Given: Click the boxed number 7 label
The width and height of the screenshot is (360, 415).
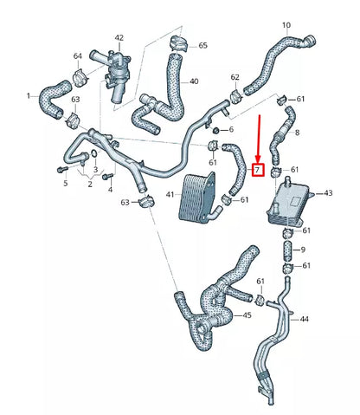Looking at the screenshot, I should [x=257, y=170].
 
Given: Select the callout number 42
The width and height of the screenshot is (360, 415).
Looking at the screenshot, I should [x=119, y=38].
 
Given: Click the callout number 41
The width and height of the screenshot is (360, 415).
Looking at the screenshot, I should [x=170, y=196].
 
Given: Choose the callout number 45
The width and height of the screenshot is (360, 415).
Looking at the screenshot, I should [x=247, y=315].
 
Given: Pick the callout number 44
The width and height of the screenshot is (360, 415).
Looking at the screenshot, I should [x=305, y=320].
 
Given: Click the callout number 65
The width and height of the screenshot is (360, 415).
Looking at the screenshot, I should [x=202, y=44].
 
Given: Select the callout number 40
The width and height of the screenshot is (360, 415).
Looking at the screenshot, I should [x=194, y=81].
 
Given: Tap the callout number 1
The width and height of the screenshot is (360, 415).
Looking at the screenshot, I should [x=28, y=95].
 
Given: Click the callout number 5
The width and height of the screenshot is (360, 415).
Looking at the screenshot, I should [x=65, y=183].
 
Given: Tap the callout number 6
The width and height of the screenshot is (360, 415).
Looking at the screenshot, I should [x=230, y=128].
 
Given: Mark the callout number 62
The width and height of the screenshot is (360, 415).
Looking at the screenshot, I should [x=235, y=78].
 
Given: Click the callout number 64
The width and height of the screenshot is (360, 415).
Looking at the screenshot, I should [x=77, y=57].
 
